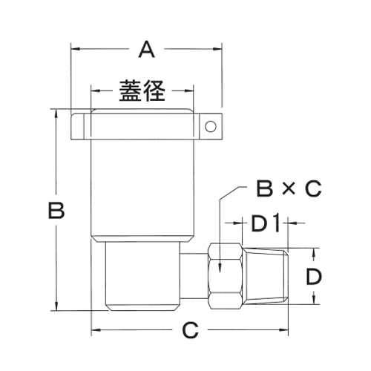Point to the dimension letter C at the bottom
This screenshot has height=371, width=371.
[191, 329]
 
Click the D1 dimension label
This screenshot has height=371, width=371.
[264, 222]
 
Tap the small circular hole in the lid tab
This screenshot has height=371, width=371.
[211, 127]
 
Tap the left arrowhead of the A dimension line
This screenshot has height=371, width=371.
[75, 50]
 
